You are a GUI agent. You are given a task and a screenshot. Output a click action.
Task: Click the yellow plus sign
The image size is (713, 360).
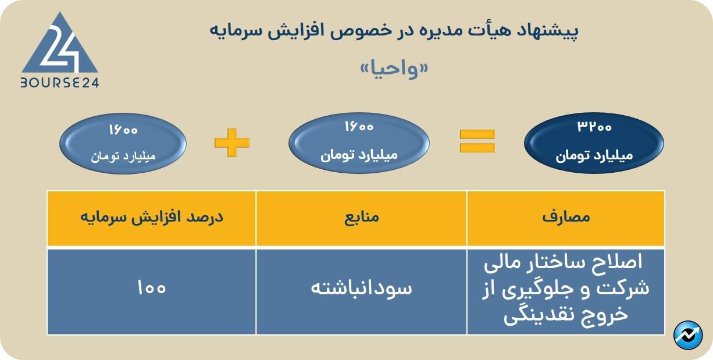tap(231, 142)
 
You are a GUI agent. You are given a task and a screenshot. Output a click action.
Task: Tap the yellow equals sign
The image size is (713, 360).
tap(477, 141)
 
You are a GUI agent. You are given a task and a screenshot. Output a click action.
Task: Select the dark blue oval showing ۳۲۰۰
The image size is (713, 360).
tap(594, 143)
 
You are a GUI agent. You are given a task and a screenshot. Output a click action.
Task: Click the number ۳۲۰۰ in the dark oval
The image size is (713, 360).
tap(594, 127)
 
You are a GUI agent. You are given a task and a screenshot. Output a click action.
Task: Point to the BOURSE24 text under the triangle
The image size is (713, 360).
tap(60, 83)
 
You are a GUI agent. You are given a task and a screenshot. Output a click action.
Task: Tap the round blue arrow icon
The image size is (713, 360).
tap(688, 335)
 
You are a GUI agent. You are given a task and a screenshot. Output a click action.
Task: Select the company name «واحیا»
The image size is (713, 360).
tap(394, 69)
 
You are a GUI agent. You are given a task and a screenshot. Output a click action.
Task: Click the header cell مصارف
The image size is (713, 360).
tap(566, 218)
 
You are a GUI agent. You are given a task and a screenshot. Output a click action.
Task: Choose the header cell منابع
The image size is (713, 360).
tap(361, 218)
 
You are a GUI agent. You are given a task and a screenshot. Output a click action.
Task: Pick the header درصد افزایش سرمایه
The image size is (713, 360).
tap(152, 218)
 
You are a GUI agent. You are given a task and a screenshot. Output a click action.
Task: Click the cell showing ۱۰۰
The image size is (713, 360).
tap(152, 291)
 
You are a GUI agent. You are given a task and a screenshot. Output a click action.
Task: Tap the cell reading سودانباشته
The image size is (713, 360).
tap(361, 291)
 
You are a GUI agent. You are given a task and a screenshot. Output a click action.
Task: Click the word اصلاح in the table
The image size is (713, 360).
tap(617, 262)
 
